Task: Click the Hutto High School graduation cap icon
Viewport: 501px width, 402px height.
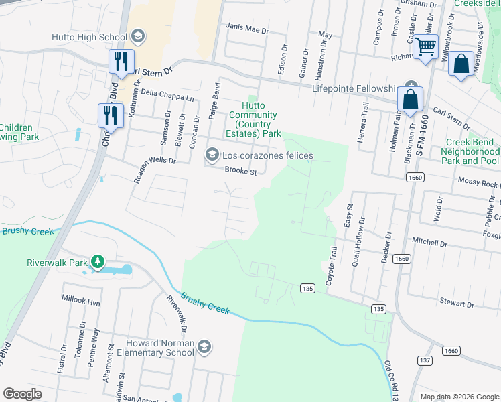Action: (x=138, y=36)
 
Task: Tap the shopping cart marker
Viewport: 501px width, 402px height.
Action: (x=425, y=48)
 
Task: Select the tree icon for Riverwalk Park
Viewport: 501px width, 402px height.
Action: (x=98, y=261)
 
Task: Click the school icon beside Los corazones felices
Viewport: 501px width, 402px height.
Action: (x=212, y=156)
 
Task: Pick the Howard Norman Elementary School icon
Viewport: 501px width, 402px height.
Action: (x=204, y=346)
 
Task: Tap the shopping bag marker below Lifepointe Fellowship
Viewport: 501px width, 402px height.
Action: (x=410, y=100)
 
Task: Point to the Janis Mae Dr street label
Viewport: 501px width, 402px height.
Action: (x=247, y=31)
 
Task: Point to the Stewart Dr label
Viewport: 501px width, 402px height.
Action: (x=457, y=303)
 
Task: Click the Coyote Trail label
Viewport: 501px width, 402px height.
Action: (x=330, y=266)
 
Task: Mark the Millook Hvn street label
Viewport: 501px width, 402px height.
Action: (x=80, y=302)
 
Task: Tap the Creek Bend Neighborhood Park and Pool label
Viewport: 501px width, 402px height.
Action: (x=470, y=152)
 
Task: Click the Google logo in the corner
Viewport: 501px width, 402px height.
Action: (x=22, y=394)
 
